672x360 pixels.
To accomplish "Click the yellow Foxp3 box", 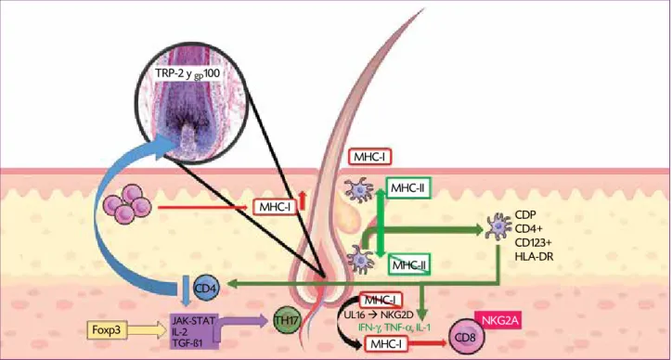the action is (107, 330).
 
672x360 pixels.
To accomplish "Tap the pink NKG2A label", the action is (498, 321).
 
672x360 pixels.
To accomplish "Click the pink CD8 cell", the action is (466, 339).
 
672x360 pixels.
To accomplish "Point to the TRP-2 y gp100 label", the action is (188, 74).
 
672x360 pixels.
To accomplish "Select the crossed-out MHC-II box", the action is (407, 264).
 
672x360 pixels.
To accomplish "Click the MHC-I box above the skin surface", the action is (370, 158).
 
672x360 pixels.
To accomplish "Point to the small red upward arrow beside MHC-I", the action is (303, 200).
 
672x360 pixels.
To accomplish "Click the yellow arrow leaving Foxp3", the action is (147, 330).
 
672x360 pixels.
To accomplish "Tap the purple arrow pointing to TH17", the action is (241, 322).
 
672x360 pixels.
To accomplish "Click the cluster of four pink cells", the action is (127, 204).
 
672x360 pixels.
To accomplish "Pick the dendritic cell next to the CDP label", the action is (498, 226).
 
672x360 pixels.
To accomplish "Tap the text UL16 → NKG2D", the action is (378, 315).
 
